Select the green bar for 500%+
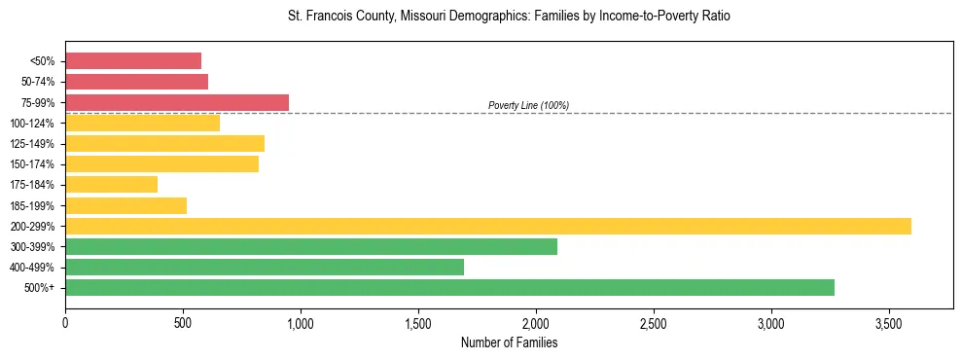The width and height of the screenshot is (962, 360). coord(449,287)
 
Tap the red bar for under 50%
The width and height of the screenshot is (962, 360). coord(133,60)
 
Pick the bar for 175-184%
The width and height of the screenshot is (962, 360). coord(111,184)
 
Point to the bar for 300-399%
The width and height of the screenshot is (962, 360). coord(311,246)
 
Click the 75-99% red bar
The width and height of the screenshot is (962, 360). coord(177,102)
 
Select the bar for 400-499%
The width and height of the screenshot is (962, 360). coord(265,267)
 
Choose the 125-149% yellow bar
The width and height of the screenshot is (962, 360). coord(164,143)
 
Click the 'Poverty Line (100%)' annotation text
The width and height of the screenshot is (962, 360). coord(528,105)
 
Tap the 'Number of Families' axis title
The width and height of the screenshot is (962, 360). coord(509,342)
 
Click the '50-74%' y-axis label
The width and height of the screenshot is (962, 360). coord(38,82)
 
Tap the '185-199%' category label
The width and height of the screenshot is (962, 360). coord(33,205)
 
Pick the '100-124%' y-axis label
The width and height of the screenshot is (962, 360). coord(33,123)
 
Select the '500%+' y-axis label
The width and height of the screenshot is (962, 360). coord(40,288)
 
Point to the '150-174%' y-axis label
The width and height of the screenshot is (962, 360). coord(33,164)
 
